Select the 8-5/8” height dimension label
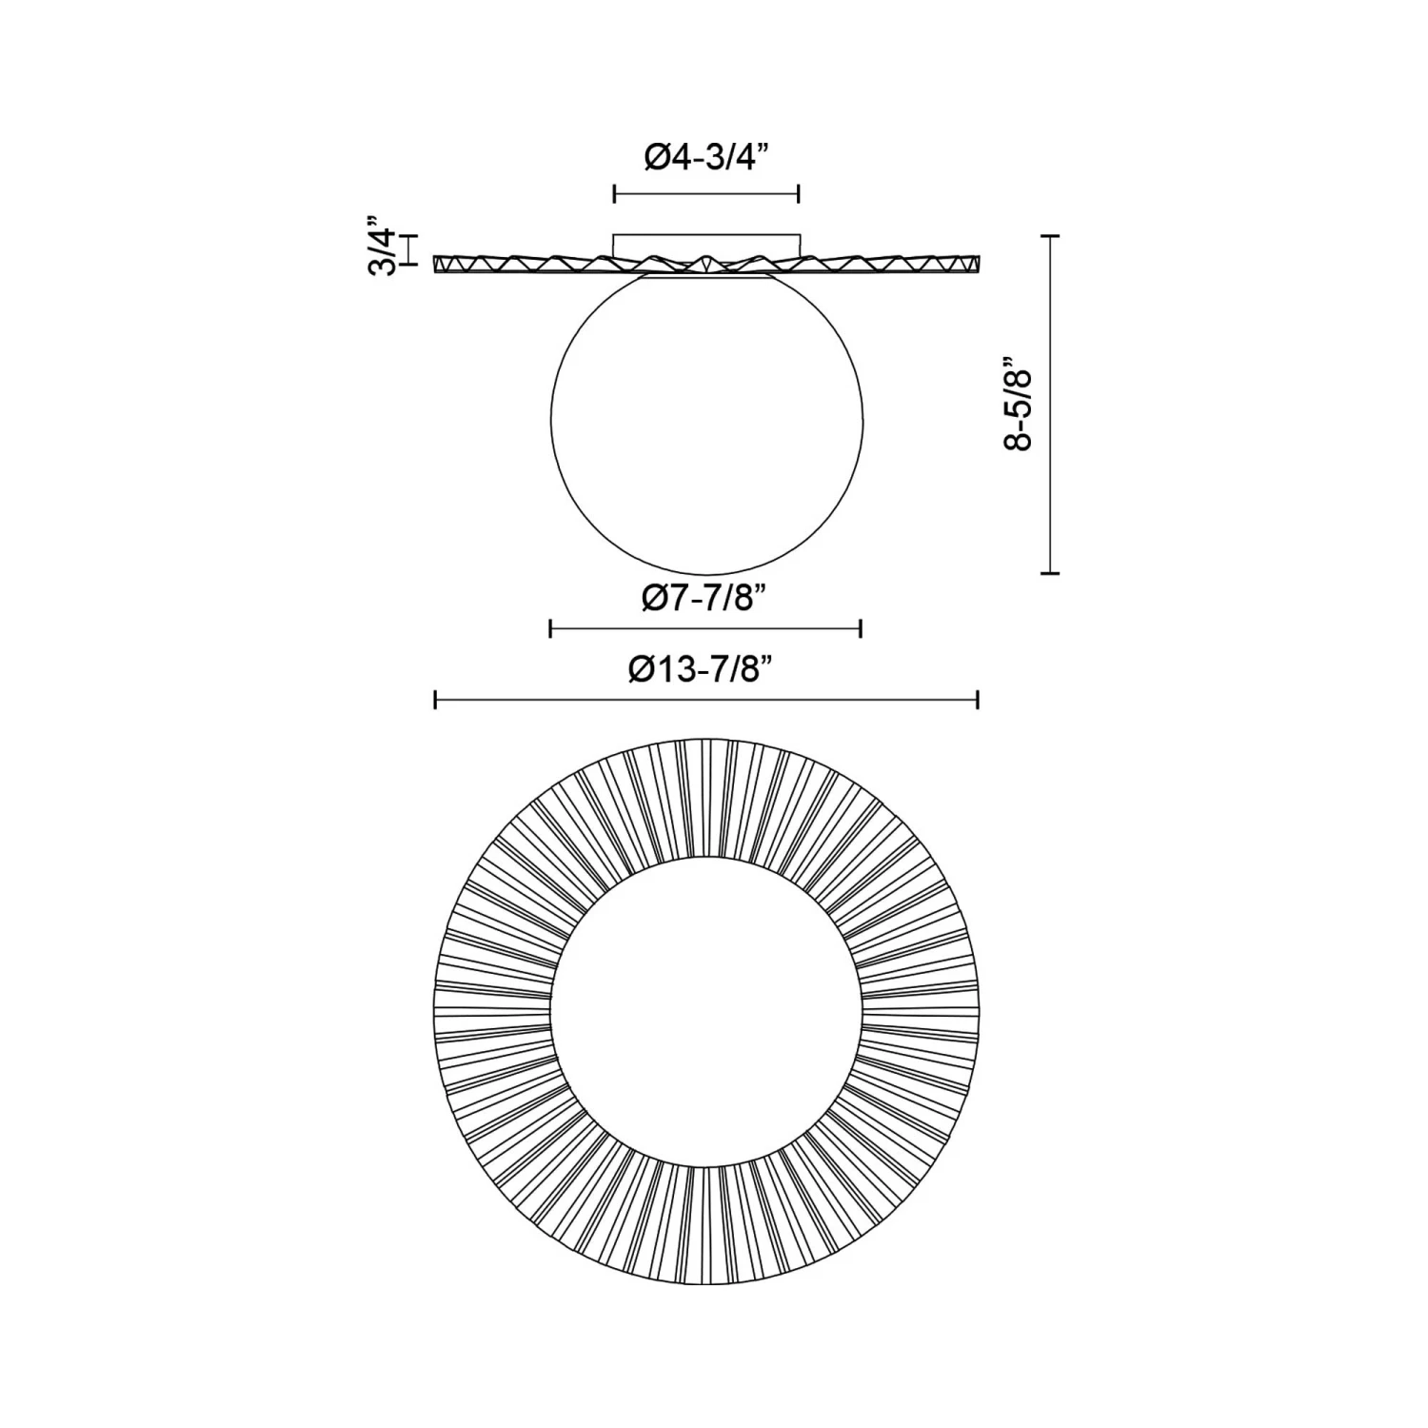pyautogui.click(x=1018, y=404)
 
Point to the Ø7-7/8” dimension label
pyautogui.click(x=705, y=598)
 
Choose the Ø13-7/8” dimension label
pyautogui.click(x=705, y=669)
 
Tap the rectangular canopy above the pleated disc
pyautogui.click(x=706, y=245)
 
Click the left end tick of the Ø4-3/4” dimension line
pyautogui.click(x=615, y=194)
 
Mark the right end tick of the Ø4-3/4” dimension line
pyautogui.click(x=798, y=194)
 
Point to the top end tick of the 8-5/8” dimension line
pyautogui.click(x=1050, y=235)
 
